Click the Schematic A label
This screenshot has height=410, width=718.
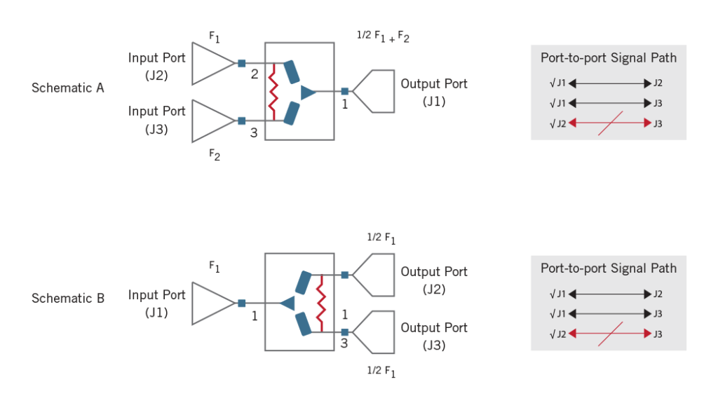pos(67,88)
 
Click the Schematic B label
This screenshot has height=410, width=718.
pos(67,299)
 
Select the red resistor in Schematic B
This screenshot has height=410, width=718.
pos(321,303)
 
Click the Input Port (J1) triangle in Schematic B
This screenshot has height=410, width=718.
pos(210,303)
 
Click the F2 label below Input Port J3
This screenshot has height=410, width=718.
pos(215,156)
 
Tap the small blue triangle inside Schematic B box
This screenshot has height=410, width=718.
pos(287,303)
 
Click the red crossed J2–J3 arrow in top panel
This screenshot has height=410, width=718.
pos(609,124)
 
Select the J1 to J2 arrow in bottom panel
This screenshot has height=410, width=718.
pos(609,294)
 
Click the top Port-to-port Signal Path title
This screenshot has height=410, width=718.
pos(609,57)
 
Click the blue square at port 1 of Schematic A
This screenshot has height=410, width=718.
pos(344,91)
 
